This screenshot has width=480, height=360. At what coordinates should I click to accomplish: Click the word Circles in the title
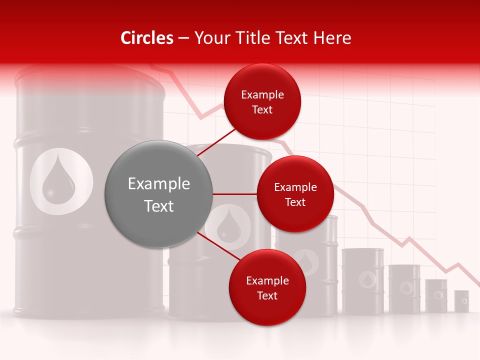[147, 38]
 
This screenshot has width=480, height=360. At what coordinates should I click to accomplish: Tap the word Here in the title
[332, 38]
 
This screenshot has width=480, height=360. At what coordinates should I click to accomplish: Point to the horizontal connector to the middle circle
[234, 194]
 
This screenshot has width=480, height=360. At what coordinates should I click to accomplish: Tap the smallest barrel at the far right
[461, 301]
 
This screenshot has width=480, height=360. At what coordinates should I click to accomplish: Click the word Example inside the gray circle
[159, 184]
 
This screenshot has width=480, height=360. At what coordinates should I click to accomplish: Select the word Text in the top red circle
[262, 110]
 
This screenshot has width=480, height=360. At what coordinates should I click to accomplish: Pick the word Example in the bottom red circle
[267, 280]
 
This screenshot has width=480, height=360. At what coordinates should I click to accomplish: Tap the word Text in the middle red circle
[295, 202]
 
